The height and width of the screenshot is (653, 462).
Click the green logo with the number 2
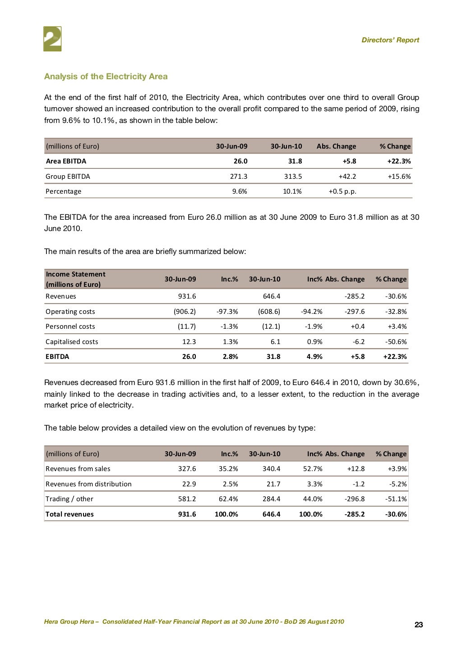52,39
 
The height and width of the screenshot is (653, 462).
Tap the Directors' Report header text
390,40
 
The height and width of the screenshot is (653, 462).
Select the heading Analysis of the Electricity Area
106,77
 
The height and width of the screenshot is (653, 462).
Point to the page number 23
418,625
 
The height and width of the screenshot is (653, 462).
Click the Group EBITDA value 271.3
238,177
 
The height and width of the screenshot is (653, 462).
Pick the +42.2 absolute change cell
347,177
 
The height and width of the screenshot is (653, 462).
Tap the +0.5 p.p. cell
342,191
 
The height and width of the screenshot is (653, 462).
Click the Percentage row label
64,191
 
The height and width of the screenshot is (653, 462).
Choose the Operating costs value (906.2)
185,312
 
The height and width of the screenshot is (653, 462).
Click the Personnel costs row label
70,326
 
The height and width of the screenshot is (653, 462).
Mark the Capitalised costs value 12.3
189,342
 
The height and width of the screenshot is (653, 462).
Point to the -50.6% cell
396,342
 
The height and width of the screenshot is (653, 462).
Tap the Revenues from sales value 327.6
187,469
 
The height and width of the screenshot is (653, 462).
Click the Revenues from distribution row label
88,484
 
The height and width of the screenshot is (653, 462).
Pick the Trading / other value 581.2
187,499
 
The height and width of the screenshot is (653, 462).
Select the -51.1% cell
396,499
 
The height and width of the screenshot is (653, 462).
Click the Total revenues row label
69,514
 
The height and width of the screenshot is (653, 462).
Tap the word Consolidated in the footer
121,622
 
